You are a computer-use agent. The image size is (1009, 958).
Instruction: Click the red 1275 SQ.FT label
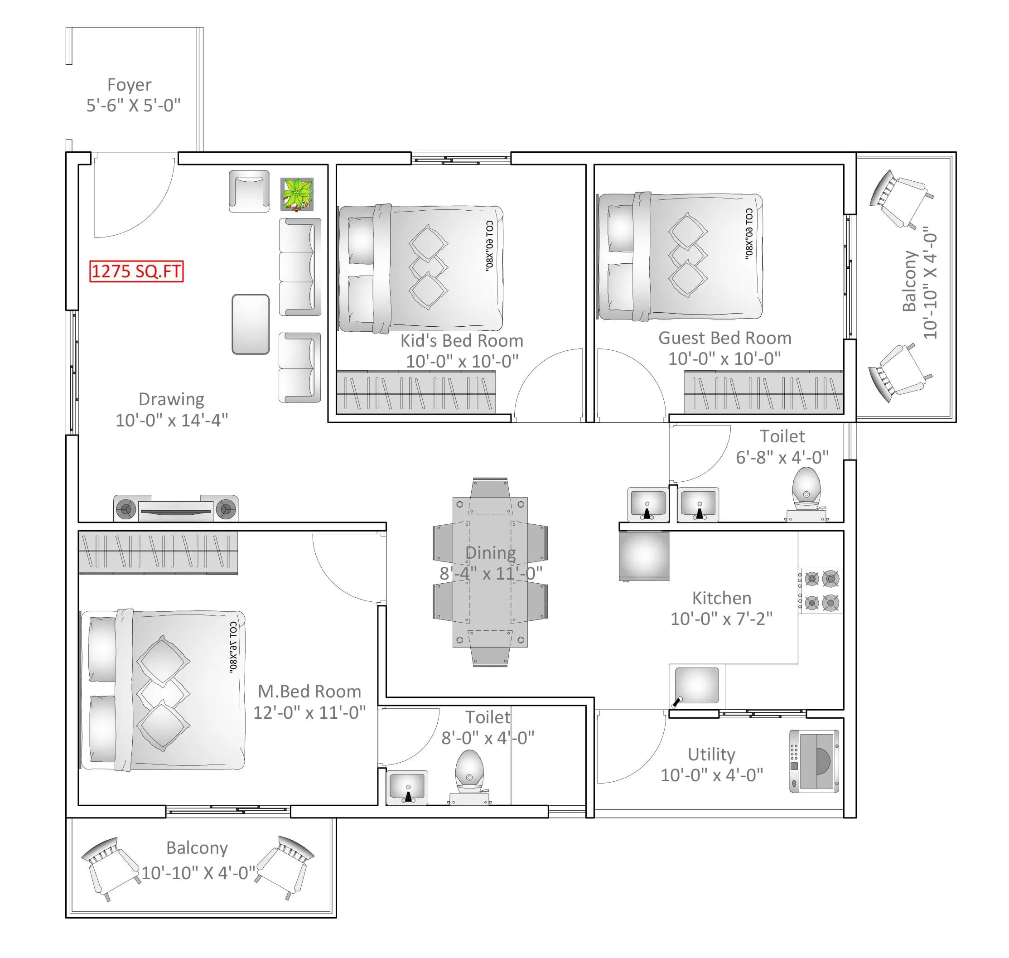tap(136, 271)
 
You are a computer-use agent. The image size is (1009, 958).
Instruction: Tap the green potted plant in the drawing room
tap(297, 194)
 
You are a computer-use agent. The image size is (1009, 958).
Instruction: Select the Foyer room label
tap(129, 85)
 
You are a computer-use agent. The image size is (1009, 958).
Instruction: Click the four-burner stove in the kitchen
tap(820, 591)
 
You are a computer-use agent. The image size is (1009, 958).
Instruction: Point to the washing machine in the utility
tap(814, 761)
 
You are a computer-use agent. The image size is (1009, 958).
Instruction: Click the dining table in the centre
tap(490, 572)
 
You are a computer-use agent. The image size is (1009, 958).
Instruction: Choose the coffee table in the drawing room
tap(250, 324)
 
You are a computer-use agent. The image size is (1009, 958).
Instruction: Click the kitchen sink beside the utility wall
tap(696, 686)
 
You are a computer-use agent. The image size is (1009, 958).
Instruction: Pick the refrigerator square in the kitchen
tap(644, 555)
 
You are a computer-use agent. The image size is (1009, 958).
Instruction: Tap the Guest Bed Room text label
tap(724, 338)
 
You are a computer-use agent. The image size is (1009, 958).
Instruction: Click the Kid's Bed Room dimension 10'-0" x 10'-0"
tap(462, 361)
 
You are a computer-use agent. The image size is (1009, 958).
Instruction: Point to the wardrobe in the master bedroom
tap(158, 552)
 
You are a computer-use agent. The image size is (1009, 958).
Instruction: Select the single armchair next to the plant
tap(249, 191)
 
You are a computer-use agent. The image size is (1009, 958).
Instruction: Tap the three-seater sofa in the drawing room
tap(300, 266)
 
